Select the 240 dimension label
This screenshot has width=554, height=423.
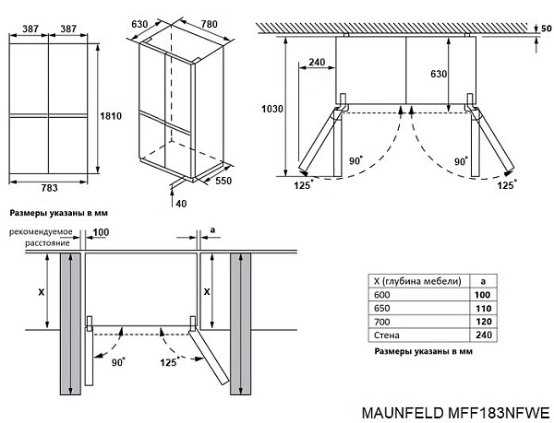point(318,63)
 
